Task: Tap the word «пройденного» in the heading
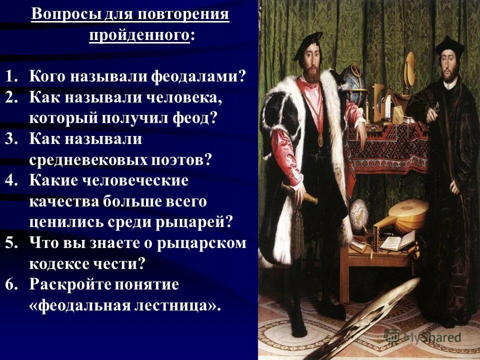[139, 36]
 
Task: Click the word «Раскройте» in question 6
[68, 284]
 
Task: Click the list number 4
[11, 180]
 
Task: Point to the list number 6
[11, 284]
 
